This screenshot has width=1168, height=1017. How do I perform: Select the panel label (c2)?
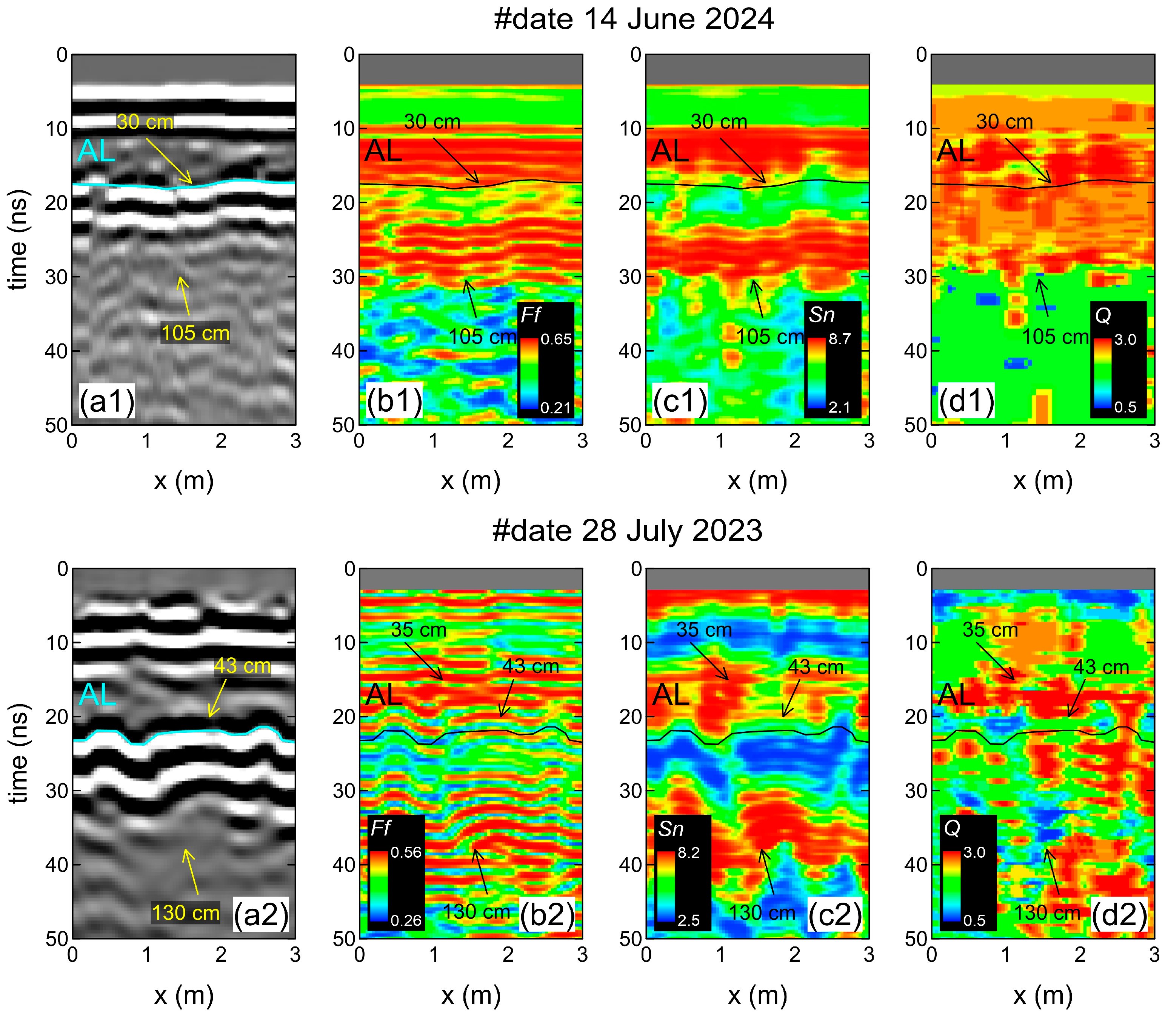835,915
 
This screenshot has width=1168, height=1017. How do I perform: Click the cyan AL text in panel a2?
97,695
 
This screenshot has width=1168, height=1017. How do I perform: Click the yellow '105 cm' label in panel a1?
195,333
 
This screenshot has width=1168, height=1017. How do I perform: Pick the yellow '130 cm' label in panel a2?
186,913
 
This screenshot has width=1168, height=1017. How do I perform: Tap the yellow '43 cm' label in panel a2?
242,666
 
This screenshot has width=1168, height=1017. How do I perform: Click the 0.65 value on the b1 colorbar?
556,339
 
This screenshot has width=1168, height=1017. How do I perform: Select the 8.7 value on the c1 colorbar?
839,339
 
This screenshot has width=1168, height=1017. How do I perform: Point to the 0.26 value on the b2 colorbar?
406,920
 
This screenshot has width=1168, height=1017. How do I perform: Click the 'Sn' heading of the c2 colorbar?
671,829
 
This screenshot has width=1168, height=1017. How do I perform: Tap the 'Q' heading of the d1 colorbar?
1103,315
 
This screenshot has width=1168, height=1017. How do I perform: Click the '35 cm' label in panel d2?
990,630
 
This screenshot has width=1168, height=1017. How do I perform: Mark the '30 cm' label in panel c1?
719,122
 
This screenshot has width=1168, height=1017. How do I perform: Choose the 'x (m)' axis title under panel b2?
471,994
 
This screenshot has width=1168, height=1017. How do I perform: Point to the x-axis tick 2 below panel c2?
794,955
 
